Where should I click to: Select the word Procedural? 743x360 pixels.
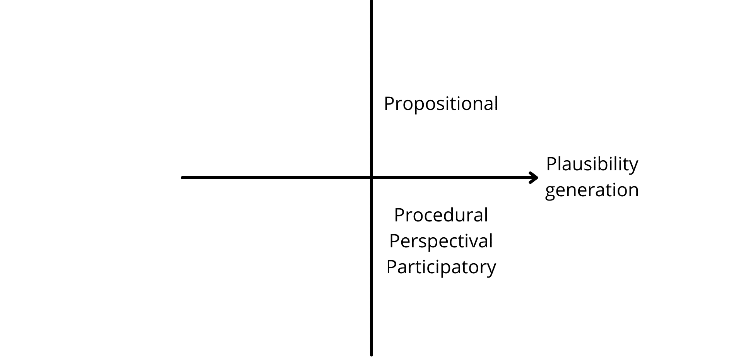441,215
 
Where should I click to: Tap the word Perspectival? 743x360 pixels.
441,242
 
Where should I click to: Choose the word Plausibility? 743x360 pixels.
592,165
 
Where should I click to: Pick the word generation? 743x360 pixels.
592,190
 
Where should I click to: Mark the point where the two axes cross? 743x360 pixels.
371,178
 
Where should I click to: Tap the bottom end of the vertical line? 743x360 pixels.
371,355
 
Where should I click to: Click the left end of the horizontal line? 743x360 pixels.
182,178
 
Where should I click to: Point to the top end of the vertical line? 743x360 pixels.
371,1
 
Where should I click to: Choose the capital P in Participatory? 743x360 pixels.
392,267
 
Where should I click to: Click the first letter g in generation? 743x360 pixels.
550,192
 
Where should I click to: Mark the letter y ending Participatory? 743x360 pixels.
491,270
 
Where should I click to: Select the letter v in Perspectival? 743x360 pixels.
473,243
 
